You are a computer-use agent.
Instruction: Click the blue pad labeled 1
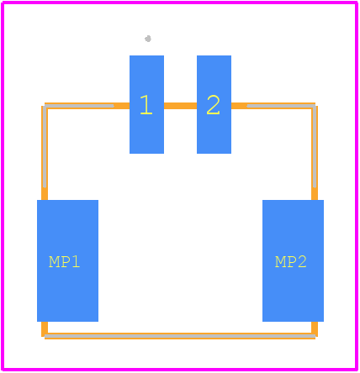(146, 104)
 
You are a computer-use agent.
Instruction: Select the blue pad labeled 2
(214, 104)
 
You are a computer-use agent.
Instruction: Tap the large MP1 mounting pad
(67, 260)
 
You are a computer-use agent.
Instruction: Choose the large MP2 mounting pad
(293, 260)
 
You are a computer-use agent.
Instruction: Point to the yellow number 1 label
(146, 105)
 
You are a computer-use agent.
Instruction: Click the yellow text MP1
(65, 262)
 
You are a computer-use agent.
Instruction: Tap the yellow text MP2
(291, 262)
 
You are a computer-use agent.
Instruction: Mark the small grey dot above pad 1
(148, 39)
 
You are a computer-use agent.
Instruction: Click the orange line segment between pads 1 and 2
(180, 106)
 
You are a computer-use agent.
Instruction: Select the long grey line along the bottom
(180, 336)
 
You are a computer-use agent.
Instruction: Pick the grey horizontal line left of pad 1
(79, 106)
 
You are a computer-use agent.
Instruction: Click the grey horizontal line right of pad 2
(281, 106)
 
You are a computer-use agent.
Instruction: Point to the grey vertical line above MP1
(45, 147)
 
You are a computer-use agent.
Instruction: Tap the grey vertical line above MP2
(315, 147)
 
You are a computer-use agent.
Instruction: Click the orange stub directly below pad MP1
(45, 328)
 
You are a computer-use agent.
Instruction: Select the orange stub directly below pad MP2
(315, 328)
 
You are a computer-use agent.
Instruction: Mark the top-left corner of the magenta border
(3, 3)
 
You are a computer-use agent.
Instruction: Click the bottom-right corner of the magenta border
(357, 370)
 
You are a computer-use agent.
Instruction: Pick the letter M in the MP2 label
(280, 262)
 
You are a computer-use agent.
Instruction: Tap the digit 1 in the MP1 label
(77, 262)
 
